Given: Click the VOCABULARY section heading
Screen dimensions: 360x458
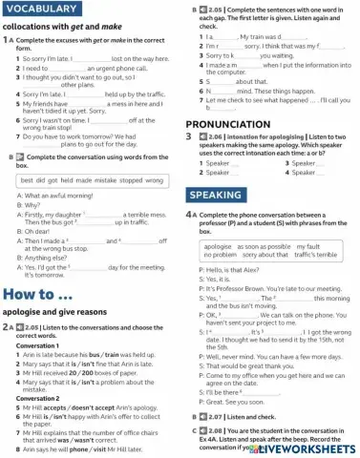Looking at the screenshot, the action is click(44, 9).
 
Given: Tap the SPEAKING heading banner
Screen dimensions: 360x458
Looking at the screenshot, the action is click(216, 195).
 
